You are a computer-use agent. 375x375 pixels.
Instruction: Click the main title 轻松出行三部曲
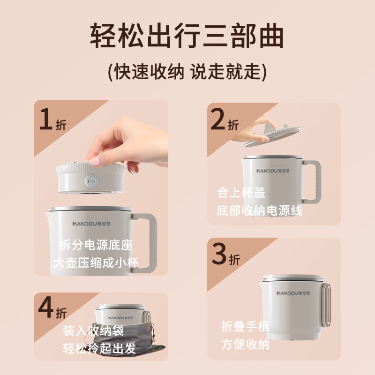(x=187, y=36)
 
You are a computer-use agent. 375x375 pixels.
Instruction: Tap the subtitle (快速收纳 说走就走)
(x=187, y=72)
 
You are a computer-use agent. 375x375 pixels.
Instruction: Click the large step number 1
(x=46, y=119)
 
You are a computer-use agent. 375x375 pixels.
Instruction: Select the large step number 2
(x=217, y=119)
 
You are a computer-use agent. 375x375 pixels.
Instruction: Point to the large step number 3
(x=219, y=254)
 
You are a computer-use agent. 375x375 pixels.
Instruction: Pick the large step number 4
(x=45, y=307)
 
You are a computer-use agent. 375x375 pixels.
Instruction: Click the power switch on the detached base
(x=91, y=181)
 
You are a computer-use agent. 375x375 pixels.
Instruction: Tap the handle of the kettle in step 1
(x=144, y=242)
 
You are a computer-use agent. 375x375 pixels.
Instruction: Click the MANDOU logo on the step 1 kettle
(x=91, y=224)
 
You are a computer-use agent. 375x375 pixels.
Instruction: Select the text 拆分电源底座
(x=96, y=245)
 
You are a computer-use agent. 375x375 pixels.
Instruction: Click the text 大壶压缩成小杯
(x=96, y=262)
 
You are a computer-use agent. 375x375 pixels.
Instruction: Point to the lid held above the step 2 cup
(x=272, y=135)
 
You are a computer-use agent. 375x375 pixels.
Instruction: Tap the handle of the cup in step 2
(x=312, y=182)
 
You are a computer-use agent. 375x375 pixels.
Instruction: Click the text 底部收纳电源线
(x=260, y=210)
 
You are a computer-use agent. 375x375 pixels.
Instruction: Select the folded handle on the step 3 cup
(x=326, y=305)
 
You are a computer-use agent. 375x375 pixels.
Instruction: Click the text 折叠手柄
(x=245, y=326)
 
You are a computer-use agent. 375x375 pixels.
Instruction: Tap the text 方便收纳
(x=245, y=345)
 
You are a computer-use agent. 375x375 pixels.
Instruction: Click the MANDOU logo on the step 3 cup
(x=293, y=293)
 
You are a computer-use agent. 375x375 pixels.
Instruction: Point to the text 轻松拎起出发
(x=99, y=348)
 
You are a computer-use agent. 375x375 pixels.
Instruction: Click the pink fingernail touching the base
(x=95, y=161)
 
